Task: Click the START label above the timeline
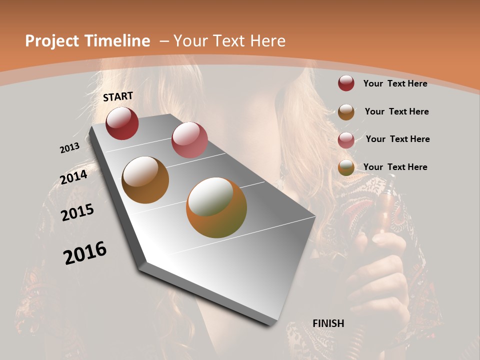(x=118, y=96)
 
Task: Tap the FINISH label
(x=328, y=323)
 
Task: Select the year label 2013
(x=69, y=148)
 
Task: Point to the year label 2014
(x=74, y=177)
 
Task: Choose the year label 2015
(x=77, y=212)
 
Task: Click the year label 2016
(x=85, y=253)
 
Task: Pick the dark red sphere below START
(x=122, y=123)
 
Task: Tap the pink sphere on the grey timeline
(x=189, y=140)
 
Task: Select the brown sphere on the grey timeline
(x=145, y=180)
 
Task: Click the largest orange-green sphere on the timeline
(x=216, y=207)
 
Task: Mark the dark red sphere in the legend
(x=346, y=83)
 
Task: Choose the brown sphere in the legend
(x=346, y=111)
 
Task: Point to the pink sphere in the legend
(x=346, y=139)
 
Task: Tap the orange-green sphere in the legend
(x=346, y=167)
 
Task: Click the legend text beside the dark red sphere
(x=395, y=83)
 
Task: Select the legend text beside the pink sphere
(x=397, y=139)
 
